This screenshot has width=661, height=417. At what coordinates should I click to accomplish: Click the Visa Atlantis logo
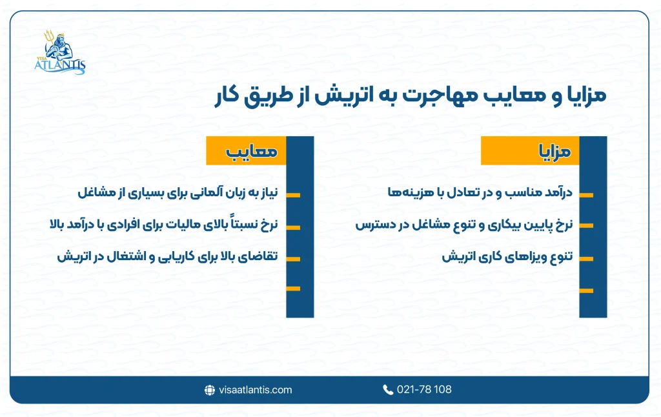coord(61,52)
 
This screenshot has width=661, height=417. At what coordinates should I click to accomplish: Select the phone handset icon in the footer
coord(388,390)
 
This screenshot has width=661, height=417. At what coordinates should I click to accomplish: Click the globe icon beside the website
coord(209,390)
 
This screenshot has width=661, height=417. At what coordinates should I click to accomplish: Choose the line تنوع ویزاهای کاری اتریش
coord(507,256)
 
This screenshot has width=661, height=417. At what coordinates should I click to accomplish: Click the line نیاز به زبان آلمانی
coord(178,192)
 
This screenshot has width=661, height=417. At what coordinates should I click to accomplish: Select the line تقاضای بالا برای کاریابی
coord(167,256)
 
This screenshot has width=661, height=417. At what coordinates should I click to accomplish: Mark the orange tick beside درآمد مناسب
coord(585,194)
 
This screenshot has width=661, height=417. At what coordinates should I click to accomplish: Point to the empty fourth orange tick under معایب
coord(293,288)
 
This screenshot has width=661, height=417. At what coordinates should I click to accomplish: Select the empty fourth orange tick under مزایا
coord(585,290)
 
